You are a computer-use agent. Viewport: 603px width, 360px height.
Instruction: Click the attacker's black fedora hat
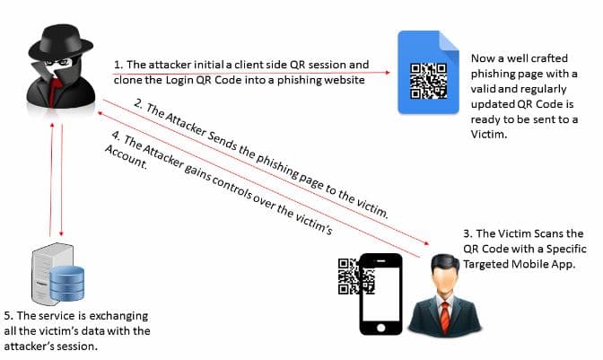60,41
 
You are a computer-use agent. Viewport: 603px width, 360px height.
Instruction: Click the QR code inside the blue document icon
428,81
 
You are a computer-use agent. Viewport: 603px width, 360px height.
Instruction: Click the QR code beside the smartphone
356,277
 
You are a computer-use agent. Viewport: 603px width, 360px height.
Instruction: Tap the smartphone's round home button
381,328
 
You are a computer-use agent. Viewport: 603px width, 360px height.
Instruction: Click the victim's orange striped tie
445,318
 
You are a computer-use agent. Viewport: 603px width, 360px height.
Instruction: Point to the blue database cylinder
67,283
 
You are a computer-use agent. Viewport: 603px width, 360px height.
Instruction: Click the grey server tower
46,273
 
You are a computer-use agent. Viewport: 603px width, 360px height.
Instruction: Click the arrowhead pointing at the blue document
388,73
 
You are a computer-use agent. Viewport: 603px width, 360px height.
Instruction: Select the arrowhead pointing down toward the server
61,233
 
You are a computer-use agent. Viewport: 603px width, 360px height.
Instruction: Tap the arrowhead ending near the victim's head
426,242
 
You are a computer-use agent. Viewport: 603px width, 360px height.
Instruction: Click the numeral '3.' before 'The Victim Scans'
468,233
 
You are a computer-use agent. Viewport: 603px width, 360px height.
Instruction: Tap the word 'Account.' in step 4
127,157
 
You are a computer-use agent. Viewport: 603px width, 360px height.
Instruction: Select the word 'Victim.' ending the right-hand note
489,135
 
